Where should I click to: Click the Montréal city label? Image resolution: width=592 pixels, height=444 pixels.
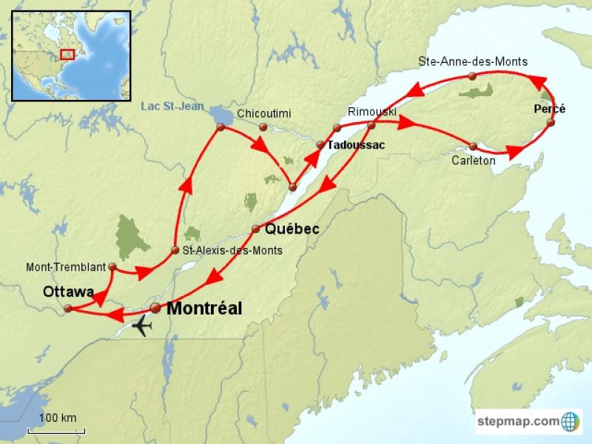(204, 309)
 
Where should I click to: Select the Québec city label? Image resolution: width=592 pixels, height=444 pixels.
(292, 229)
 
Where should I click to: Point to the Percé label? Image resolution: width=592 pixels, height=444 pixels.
(549, 109)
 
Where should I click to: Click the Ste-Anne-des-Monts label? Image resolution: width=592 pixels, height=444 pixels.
(473, 61)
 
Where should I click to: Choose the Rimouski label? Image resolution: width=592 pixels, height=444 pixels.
(372, 112)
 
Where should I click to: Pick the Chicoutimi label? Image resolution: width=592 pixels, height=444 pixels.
(264, 113)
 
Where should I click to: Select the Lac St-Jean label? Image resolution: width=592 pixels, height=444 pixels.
(172, 107)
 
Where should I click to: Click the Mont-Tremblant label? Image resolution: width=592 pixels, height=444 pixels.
(66, 266)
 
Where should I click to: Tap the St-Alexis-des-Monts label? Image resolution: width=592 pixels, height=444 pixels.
(232, 250)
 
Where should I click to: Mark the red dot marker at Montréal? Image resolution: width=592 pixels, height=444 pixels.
(155, 308)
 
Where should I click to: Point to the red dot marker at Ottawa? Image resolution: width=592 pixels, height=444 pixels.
(67, 309)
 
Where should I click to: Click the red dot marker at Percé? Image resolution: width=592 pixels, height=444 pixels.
(551, 123)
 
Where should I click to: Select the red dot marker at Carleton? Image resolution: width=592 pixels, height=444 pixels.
(474, 146)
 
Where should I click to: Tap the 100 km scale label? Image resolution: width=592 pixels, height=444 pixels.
(58, 418)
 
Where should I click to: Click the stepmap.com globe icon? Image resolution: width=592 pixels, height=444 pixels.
(571, 422)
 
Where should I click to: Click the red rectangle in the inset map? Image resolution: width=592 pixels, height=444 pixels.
(67, 54)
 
